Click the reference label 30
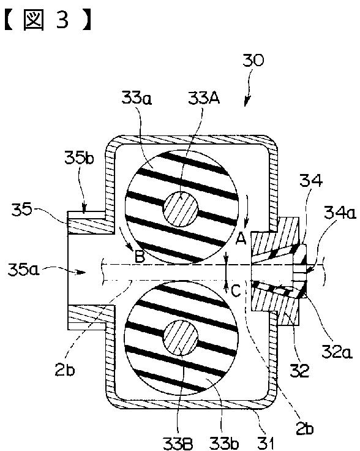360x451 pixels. [253, 61]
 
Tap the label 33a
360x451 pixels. [137, 98]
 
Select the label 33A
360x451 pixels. [204, 98]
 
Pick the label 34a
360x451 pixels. [340, 213]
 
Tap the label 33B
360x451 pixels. [178, 443]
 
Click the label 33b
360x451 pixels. [224, 443]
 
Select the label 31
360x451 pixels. [265, 443]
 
